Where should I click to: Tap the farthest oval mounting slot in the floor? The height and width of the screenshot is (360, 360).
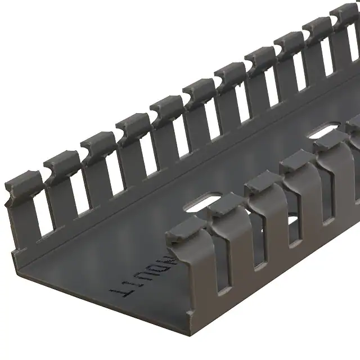322,132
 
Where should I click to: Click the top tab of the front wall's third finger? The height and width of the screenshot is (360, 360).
262,183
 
